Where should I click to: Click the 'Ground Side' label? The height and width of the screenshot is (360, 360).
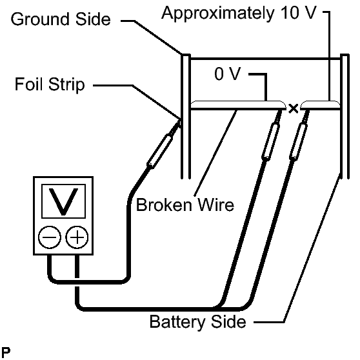61,19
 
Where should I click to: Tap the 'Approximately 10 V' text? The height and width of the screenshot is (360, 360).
239,14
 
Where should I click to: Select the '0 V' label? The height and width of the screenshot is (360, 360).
228,74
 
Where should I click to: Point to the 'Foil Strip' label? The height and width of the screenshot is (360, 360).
50,85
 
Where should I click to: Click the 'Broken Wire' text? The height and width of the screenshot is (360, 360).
185,205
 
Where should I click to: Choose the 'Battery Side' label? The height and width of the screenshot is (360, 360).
197,322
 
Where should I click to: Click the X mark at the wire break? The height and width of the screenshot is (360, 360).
293,108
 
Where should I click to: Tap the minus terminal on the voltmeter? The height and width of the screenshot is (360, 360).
50,237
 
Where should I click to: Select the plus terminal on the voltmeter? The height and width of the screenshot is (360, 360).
77,237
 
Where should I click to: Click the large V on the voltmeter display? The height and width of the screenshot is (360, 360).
64,202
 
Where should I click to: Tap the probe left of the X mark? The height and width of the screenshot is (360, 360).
272,135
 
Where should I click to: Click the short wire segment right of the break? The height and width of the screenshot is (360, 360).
320,105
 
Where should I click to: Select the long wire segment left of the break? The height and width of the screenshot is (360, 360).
238,105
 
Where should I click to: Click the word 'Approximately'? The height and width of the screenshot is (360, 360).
217,14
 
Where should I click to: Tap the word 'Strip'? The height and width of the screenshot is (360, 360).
66,85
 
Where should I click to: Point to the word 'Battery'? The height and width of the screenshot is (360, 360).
177,322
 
